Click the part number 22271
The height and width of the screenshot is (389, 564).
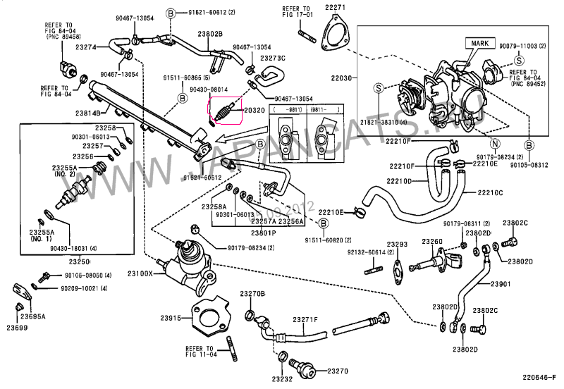click(x=336, y=7)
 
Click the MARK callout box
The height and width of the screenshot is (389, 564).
click(x=476, y=43)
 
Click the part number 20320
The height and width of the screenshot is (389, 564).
click(x=254, y=111)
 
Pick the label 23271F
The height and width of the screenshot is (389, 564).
click(x=307, y=319)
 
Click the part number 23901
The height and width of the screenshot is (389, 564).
click(x=500, y=284)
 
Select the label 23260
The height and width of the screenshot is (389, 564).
click(x=432, y=242)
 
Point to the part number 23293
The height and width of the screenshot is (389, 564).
click(x=398, y=245)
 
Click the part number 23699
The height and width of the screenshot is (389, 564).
click(x=17, y=328)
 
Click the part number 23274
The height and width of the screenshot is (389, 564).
click(x=85, y=47)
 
